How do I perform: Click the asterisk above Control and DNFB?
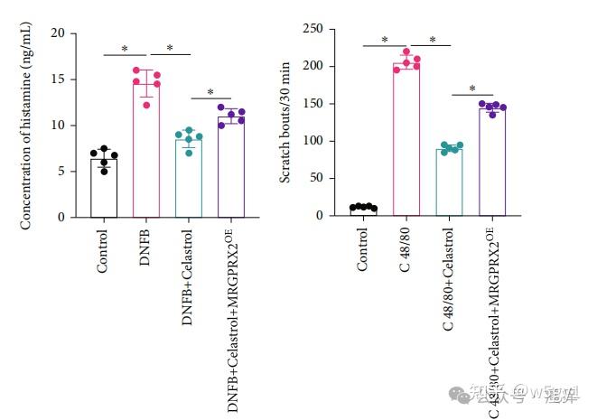[125, 50]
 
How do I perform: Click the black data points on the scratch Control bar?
[363, 207]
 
